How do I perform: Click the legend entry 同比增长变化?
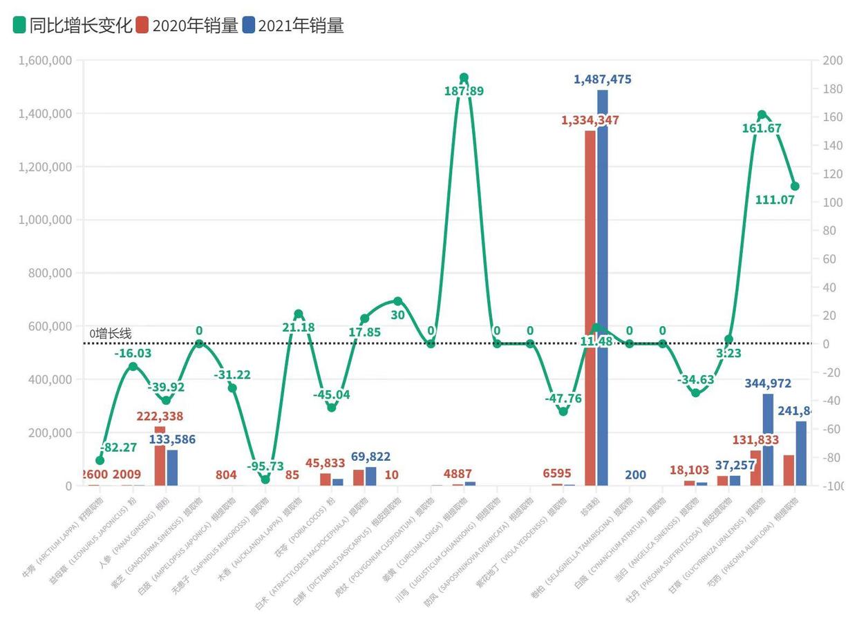click(x=73, y=26)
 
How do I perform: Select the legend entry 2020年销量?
click(x=187, y=26)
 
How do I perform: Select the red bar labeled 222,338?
click(x=160, y=456)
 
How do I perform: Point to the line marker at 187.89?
click(x=464, y=77)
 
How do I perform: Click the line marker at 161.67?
click(x=762, y=115)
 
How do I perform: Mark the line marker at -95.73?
click(x=265, y=479)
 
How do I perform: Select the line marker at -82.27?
click(x=100, y=460)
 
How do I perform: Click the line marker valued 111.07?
click(x=795, y=187)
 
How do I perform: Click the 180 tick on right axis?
click(x=832, y=89)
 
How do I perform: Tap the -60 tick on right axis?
click(x=832, y=430)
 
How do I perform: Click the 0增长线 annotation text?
click(x=111, y=334)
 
